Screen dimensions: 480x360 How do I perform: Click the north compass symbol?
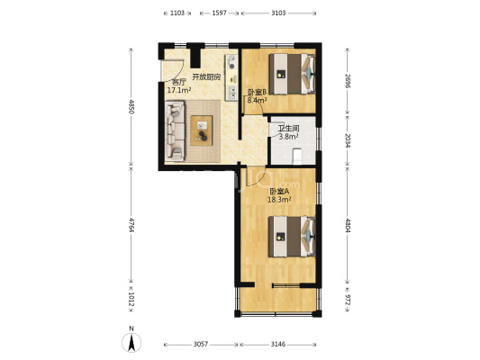click(x=131, y=343)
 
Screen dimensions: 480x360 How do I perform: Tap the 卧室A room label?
click(x=279, y=192)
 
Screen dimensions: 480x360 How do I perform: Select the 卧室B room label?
click(x=258, y=92)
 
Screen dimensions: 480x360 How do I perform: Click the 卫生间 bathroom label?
click(x=288, y=129)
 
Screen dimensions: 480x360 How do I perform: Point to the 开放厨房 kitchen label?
click(x=206, y=76)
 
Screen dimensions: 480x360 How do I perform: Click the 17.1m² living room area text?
click(x=179, y=90)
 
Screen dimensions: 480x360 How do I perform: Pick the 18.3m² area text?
click(x=279, y=200)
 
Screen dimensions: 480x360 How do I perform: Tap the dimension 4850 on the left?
click(x=131, y=107)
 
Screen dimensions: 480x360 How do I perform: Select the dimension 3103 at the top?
click(x=278, y=13)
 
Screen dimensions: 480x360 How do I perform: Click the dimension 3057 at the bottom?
click(x=201, y=345)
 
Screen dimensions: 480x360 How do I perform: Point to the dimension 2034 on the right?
click(x=348, y=140)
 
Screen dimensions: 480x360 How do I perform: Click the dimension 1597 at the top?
click(x=219, y=13)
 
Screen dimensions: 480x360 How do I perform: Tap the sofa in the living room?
click(x=175, y=131)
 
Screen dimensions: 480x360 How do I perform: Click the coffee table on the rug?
click(x=202, y=130)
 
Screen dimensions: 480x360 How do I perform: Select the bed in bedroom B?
click(x=292, y=75)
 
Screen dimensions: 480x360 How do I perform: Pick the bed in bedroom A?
click(x=292, y=237)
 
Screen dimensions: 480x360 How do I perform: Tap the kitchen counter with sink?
click(x=231, y=77)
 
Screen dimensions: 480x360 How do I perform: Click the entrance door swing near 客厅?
click(x=172, y=71)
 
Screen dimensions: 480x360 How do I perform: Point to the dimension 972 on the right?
click(x=348, y=300)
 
